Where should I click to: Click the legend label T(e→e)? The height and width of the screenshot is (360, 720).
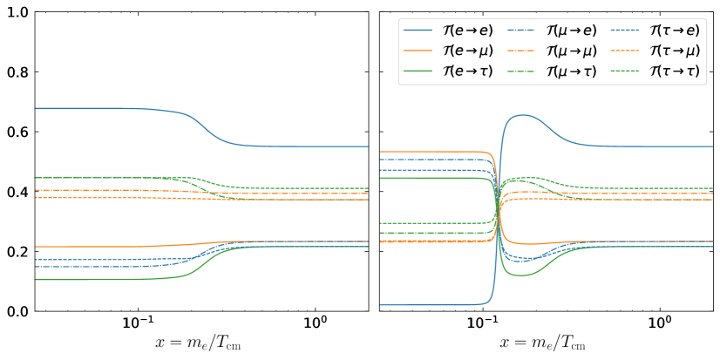(468, 30)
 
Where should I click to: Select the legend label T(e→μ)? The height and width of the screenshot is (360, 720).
(468, 51)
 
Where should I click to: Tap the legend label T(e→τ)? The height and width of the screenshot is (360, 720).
(468, 71)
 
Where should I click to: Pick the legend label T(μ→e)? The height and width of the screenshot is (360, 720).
(572, 30)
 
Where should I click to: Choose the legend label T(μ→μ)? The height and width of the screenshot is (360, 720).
(572, 51)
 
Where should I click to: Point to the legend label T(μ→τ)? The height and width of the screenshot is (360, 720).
(572, 71)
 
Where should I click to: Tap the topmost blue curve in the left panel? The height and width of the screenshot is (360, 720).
(105, 108)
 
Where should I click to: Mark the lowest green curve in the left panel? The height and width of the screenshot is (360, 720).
(105, 280)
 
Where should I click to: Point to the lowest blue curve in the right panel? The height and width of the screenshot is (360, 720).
(436, 305)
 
